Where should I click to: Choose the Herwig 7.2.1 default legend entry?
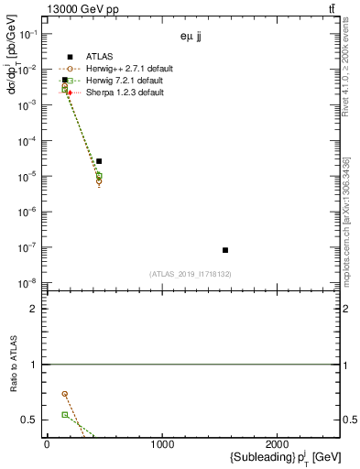click(x=123, y=81)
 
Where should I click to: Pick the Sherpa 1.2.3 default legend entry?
click(x=123, y=93)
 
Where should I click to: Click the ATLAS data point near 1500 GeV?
click(x=225, y=250)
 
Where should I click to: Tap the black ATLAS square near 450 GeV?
click(x=99, y=161)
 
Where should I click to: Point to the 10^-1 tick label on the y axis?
click(x=30, y=34)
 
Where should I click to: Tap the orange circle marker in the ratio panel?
click(x=65, y=394)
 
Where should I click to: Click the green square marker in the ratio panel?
click(x=65, y=415)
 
